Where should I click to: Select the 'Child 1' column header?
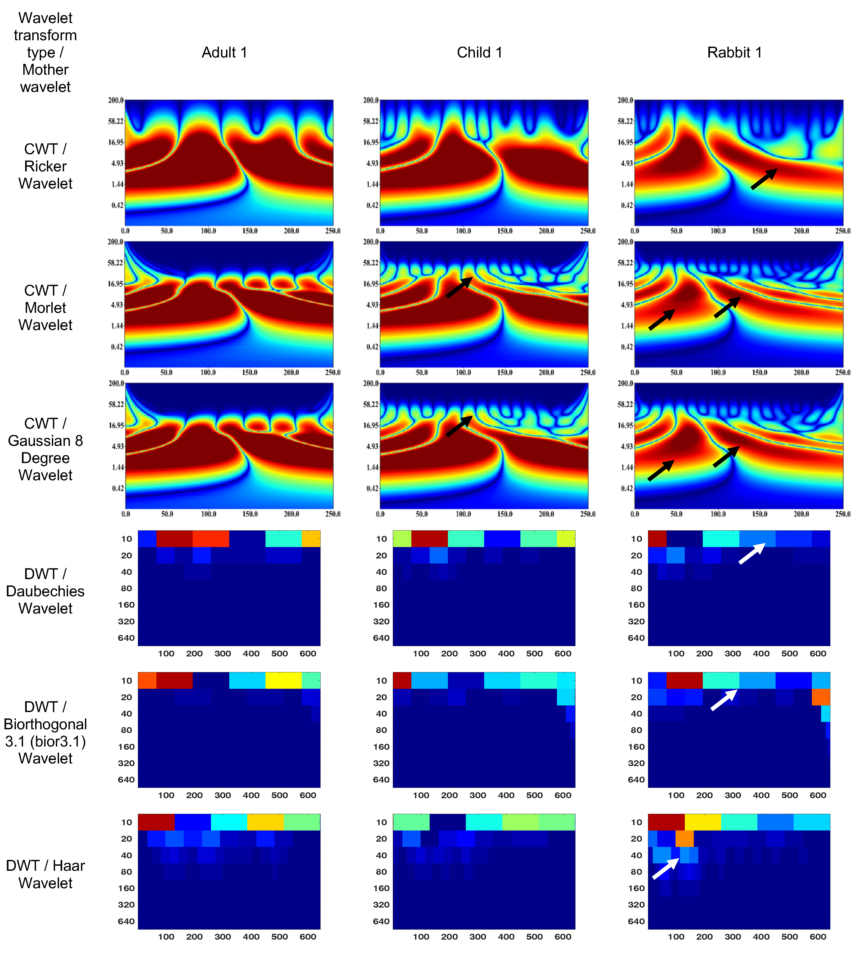[479, 52]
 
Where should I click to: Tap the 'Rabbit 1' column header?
[734, 52]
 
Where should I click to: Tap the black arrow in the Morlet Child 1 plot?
[459, 287]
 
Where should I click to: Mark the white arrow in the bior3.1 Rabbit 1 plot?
[724, 700]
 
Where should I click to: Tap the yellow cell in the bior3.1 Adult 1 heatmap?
[283, 680]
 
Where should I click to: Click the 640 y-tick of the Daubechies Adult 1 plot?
[126, 638]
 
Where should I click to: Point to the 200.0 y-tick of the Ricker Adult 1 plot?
[115, 100]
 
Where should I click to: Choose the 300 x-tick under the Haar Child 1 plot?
[478, 936]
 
